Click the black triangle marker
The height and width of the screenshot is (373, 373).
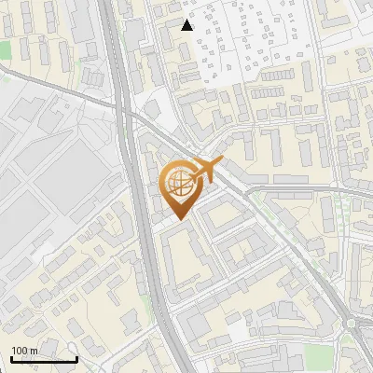187,25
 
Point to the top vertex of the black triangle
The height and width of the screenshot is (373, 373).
187,20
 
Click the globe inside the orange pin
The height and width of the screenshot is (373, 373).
180,183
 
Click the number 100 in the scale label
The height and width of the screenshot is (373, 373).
20,351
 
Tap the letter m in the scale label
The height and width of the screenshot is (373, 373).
34,351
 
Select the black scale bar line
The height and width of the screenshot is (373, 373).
44,360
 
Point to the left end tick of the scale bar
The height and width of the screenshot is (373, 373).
11,358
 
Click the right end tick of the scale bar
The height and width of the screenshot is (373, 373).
76,358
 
